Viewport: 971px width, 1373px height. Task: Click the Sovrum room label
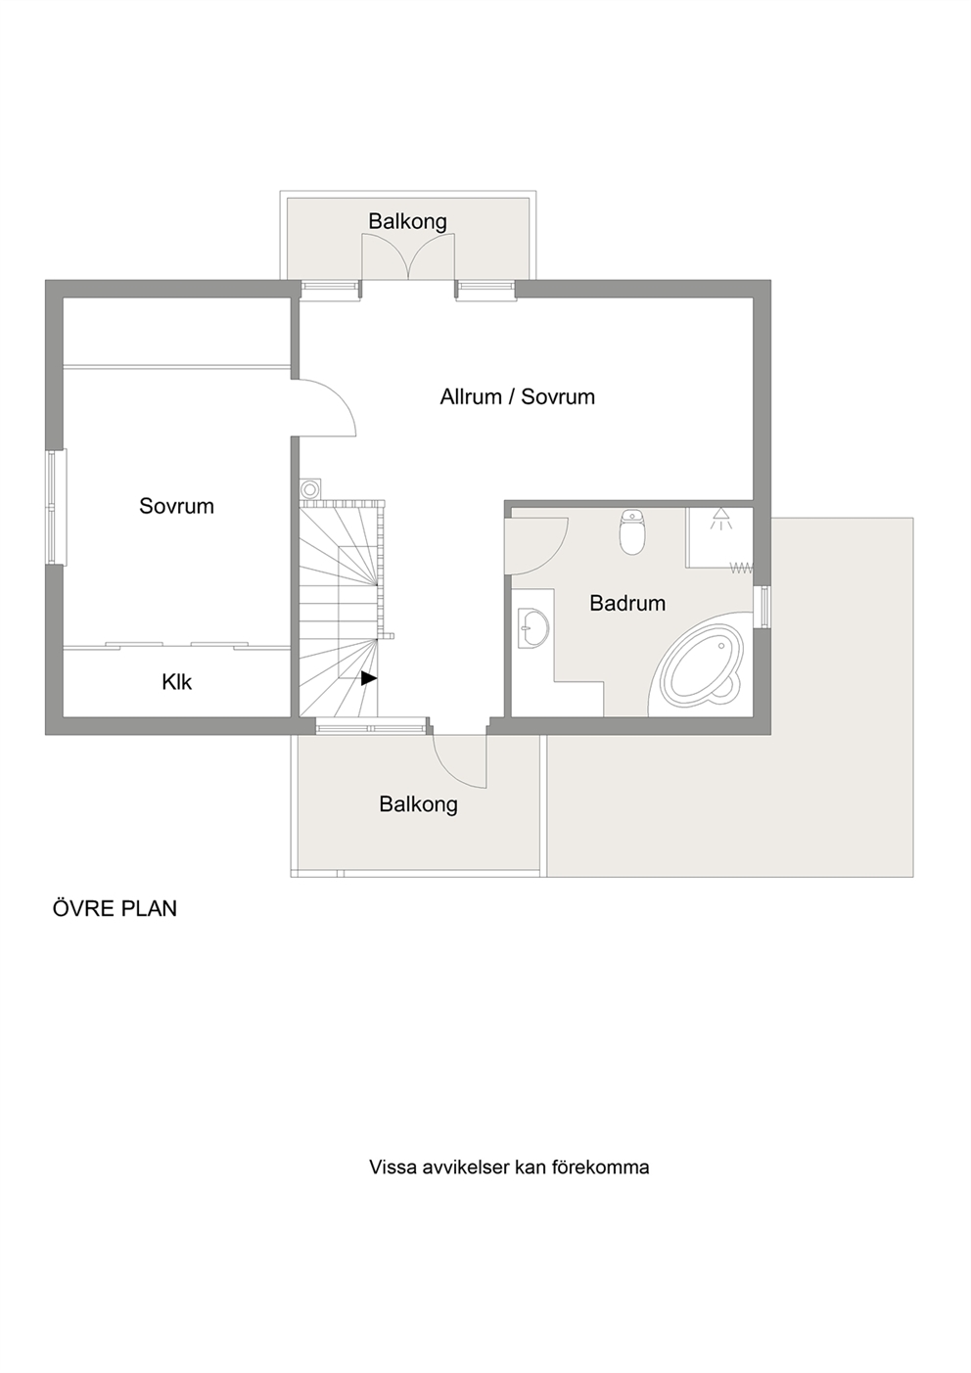176,506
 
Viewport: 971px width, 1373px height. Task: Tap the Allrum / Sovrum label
518,397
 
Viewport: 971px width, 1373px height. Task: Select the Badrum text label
627,603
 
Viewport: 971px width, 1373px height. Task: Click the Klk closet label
176,682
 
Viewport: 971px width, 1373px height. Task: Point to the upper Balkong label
407,222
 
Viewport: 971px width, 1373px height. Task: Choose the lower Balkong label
419,804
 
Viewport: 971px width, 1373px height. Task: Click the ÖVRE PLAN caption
115,908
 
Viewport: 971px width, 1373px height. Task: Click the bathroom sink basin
533,627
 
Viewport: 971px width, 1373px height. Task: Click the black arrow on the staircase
368,678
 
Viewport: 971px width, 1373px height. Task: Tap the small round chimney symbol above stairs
311,488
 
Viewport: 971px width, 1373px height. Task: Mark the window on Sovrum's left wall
57,508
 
